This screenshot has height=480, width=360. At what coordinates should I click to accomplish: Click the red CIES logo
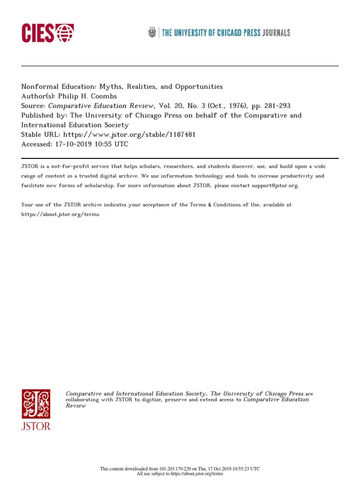coord(47,33)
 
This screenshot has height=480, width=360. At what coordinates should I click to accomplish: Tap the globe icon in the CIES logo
coord(65,33)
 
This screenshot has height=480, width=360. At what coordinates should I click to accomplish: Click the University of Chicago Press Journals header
coord(225,33)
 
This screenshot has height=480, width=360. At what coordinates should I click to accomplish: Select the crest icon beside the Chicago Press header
coord(152,32)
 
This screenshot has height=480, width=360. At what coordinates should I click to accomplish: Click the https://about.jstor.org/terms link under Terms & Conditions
coord(60,214)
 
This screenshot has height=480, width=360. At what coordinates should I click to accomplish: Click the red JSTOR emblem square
coord(36,404)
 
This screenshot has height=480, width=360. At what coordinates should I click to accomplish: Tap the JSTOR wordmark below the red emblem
coord(36,426)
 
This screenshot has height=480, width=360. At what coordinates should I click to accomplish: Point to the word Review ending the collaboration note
coord(76,406)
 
